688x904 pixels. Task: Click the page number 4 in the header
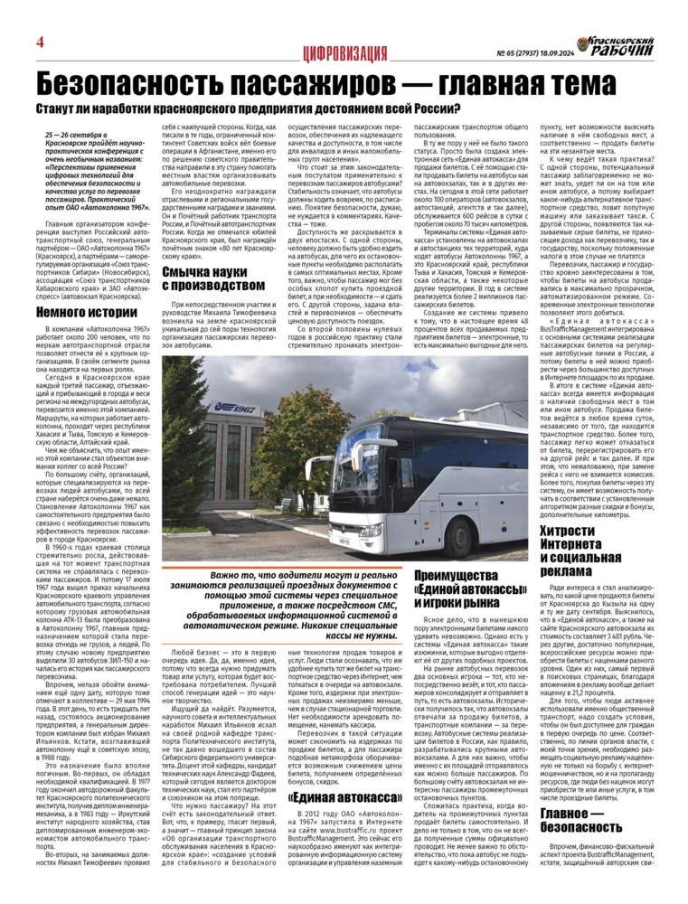coord(41,42)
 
